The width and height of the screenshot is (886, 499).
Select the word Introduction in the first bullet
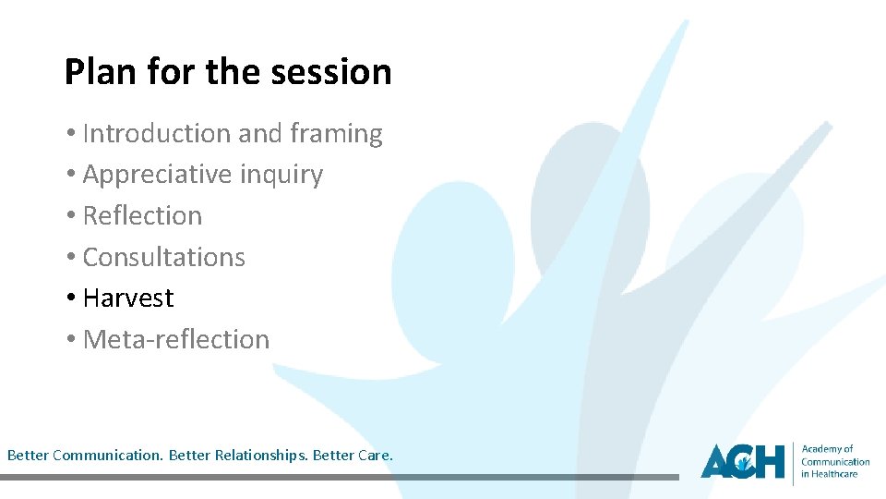coord(157,134)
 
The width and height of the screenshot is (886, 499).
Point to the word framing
coord(336,134)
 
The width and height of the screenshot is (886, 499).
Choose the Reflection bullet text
coord(142,215)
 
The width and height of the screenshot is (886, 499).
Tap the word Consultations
coord(164,257)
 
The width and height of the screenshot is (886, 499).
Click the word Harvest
coord(128,298)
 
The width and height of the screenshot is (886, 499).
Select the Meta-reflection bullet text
coord(176,339)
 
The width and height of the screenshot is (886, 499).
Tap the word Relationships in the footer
coord(260,456)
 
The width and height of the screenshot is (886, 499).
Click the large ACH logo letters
coord(742,460)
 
